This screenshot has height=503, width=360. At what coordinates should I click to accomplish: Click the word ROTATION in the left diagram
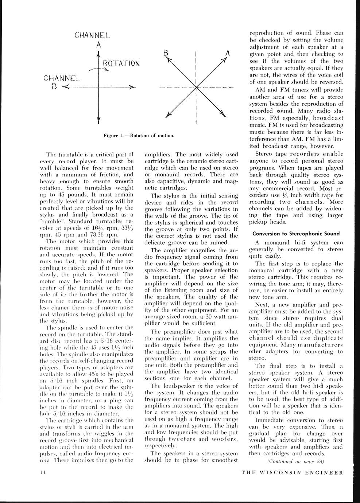pyautogui.click(x=121, y=63)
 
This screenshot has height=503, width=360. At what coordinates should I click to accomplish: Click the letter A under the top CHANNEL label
pyautogui.click(x=98, y=45)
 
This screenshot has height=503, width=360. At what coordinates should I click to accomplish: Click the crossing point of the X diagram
pyautogui.click(x=196, y=87)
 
